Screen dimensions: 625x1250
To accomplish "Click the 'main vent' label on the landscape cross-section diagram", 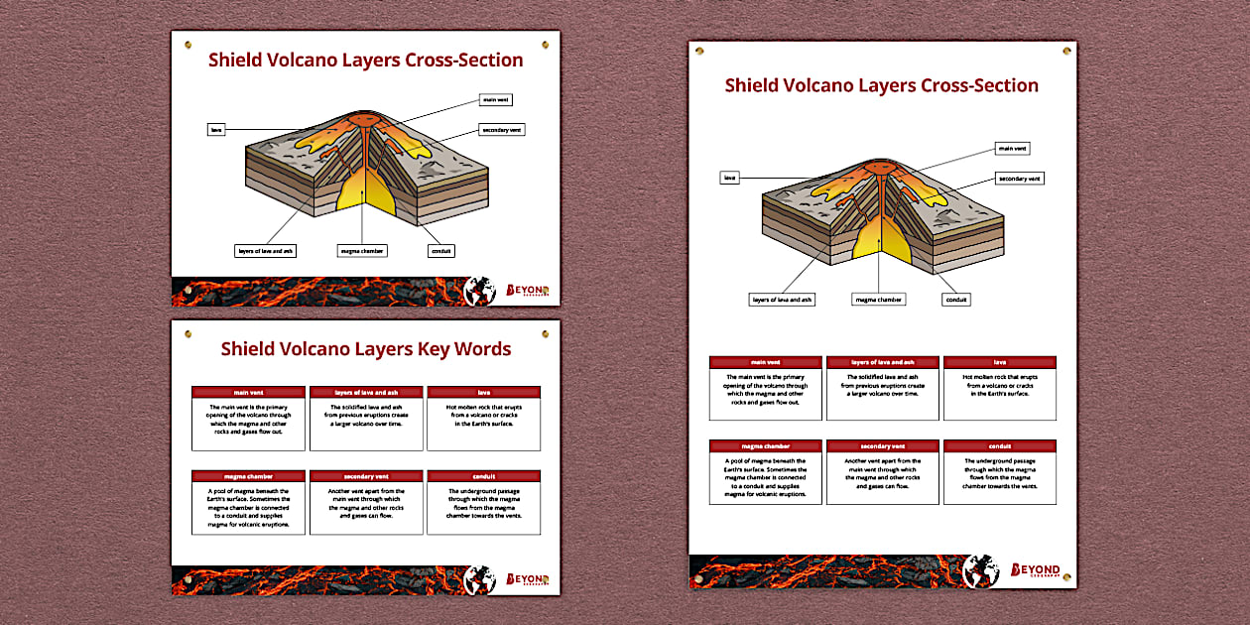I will click(496, 100).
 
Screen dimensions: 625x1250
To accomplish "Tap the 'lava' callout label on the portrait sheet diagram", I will click(730, 178).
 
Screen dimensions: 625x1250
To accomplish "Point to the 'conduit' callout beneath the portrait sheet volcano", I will click(956, 299).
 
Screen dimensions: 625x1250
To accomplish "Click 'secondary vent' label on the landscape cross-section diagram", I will click(501, 130).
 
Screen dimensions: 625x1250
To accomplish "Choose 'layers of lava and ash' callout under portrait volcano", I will click(782, 299).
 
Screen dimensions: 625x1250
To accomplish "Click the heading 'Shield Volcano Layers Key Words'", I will click(365, 349).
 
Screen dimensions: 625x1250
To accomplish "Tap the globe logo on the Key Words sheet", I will click(480, 579).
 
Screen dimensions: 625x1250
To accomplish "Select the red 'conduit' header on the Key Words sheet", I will click(483, 476).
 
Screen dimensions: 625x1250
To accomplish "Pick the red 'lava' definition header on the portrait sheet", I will click(999, 362).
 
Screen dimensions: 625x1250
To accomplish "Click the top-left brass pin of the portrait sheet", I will click(699, 49).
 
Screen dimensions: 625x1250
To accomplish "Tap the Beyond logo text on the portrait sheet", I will click(1035, 570).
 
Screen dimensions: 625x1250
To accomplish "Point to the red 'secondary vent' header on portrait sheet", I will click(883, 445).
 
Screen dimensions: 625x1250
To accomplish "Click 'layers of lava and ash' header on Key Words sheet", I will click(366, 392).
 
